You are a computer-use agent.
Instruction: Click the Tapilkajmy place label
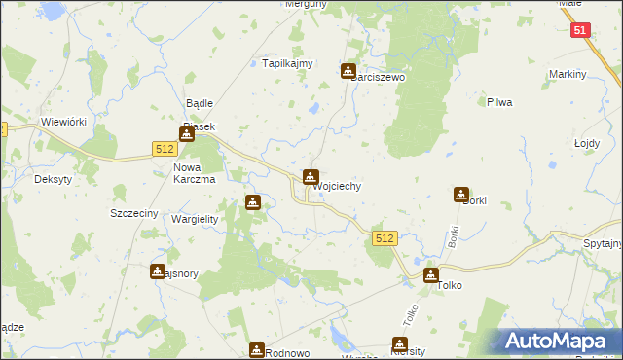pos(288,63)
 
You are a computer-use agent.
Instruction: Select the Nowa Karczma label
pos(195,172)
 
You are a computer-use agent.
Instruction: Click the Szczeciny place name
pos(134,212)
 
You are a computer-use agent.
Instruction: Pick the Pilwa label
pos(498,101)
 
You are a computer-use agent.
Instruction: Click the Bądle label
pos(200,102)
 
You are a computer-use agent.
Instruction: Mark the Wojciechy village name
pos(336,186)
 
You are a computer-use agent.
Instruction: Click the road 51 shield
pos(581,31)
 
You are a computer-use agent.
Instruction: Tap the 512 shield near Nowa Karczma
pos(164,148)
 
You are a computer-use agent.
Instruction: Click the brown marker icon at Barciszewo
pos(348,71)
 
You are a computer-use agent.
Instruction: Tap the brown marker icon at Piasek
pos(187,135)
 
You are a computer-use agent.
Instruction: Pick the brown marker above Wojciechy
pos(311,177)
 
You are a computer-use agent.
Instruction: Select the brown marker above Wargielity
pos(253,202)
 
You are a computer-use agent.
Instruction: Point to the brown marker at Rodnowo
pos(257,350)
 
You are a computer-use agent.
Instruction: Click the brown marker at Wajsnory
pos(158,271)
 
